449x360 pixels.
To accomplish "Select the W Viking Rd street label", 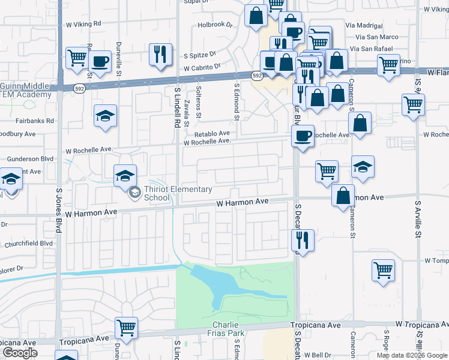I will [83, 23].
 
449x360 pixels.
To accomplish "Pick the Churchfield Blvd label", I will [29, 244].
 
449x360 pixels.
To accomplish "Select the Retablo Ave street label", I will [211, 133].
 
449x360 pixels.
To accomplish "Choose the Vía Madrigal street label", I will [364, 26].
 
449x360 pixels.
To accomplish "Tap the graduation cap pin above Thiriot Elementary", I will [125, 176].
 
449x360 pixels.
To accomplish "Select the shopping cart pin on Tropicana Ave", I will [126, 328].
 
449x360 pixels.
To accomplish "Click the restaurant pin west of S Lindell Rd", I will [160, 54].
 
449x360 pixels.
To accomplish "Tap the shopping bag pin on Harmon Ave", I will [342, 196].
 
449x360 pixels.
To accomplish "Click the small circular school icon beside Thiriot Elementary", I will [135, 193].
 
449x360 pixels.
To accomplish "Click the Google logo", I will [20, 353].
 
